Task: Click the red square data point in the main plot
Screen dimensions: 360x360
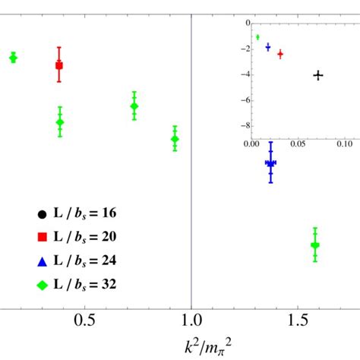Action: pos(59,66)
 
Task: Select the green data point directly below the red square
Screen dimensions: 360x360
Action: pos(60,122)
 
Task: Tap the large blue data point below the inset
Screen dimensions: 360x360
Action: pos(270,163)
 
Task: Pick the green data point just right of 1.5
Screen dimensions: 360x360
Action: pos(315,245)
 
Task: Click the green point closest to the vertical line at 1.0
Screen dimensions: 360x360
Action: pos(175,139)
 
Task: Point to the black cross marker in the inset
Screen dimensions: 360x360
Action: pos(318,75)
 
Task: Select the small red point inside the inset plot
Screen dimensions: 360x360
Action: pos(280,54)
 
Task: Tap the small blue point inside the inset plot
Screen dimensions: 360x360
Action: pos(267,46)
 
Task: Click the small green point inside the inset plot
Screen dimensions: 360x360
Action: pos(257,37)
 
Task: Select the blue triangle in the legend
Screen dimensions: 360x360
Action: pos(41,261)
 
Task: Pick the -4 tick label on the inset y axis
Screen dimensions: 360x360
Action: pos(244,75)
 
